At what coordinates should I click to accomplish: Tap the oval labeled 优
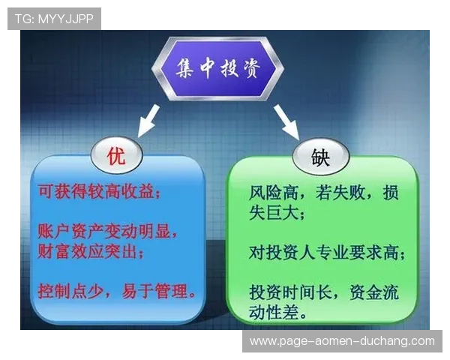115,157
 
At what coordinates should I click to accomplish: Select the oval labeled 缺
320,157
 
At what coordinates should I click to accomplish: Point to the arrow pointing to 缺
286,121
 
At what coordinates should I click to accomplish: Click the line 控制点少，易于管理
117,289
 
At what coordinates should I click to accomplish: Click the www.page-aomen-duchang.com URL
342,341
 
